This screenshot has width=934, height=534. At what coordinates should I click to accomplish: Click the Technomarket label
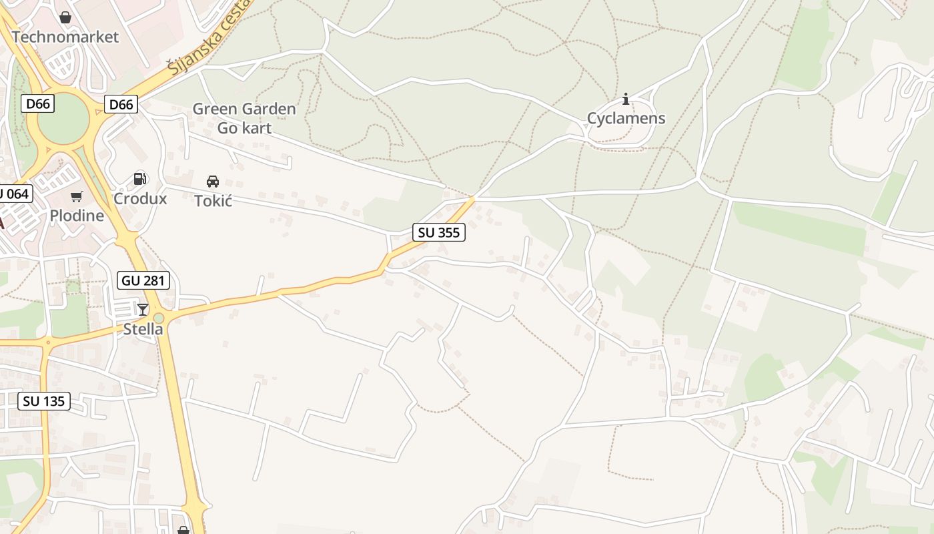tap(65, 37)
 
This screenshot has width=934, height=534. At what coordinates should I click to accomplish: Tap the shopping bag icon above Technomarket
tap(65, 17)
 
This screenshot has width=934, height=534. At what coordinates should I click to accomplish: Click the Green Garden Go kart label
tap(244, 118)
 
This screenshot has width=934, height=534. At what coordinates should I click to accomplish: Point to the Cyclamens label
tap(626, 119)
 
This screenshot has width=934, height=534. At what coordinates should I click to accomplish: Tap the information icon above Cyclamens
tap(625, 99)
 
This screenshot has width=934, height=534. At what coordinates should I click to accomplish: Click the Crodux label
tap(140, 198)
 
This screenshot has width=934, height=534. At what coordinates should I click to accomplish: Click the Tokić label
tap(213, 200)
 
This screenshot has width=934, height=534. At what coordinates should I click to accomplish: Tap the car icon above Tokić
tap(213, 181)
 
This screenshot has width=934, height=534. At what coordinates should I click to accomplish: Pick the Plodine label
tap(77, 216)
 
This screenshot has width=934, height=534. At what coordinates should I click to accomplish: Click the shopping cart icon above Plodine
tap(77, 196)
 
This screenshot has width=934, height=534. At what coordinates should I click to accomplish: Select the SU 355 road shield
tap(438, 232)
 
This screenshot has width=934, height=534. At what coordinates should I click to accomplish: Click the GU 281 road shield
tap(143, 280)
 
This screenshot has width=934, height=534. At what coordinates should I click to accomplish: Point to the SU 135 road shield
tap(44, 401)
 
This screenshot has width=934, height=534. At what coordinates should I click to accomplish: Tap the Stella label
tap(143, 329)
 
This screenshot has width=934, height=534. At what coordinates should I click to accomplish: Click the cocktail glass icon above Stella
tap(143, 309)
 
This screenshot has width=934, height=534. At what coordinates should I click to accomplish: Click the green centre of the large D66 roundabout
tap(63, 122)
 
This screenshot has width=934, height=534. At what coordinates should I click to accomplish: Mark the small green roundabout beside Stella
tap(159, 318)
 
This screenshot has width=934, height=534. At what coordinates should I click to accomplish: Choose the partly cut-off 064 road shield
tap(15, 194)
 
